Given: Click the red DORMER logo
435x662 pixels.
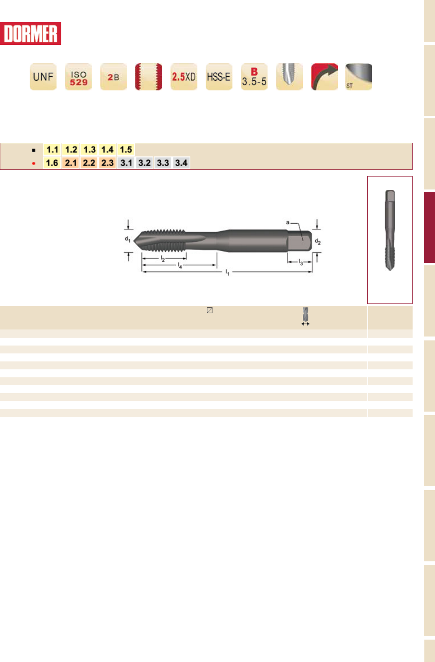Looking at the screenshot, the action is pyautogui.click(x=30, y=33).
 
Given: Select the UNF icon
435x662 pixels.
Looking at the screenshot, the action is pyautogui.click(x=43, y=77).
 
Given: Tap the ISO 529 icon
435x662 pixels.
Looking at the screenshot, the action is pyautogui.click(x=78, y=77).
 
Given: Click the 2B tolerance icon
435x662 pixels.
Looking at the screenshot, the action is pyautogui.click(x=114, y=77).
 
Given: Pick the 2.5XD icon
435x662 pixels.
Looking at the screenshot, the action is pyautogui.click(x=184, y=77).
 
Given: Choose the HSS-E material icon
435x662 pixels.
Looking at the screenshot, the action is pyautogui.click(x=219, y=77).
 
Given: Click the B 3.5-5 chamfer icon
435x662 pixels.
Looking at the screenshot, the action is pyautogui.click(x=254, y=77).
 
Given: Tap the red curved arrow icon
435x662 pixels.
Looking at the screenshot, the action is pyautogui.click(x=325, y=77).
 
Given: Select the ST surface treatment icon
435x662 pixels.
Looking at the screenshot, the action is pyautogui.click(x=359, y=77).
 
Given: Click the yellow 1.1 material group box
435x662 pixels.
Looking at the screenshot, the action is pyautogui.click(x=52, y=149).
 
